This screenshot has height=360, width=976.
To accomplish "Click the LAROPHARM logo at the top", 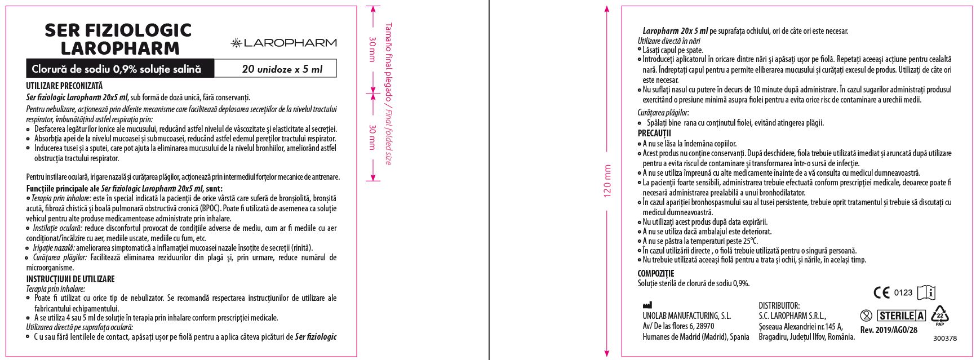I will [283, 43].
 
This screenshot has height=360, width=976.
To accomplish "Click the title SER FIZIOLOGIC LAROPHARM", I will [118, 39].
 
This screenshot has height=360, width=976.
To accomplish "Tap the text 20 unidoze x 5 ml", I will [282, 69].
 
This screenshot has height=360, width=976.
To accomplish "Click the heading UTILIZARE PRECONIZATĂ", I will [64, 86].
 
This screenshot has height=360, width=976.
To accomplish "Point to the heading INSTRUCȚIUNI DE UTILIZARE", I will [70, 279].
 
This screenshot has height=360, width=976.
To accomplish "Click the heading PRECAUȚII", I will [654, 134].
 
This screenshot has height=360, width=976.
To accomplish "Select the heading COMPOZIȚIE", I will [656, 274].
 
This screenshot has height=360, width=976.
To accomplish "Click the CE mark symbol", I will [881, 292].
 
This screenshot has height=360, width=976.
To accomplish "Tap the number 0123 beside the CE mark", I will [903, 292].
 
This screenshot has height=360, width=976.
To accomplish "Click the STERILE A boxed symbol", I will [902, 315].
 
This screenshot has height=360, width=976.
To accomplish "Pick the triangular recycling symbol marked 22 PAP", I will [939, 315].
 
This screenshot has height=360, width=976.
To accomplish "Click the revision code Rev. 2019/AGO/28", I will [889, 330].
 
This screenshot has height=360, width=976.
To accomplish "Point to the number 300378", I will [944, 339].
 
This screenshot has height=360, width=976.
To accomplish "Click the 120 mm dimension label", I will [607, 180].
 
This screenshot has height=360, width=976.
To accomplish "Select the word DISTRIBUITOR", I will [779, 306].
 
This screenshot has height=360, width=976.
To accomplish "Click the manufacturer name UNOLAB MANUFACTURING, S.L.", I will [686, 316].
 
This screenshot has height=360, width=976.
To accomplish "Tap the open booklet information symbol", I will [926, 292].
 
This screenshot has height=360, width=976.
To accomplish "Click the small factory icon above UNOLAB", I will [647, 305].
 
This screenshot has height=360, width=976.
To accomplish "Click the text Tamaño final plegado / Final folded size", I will [388, 94].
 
